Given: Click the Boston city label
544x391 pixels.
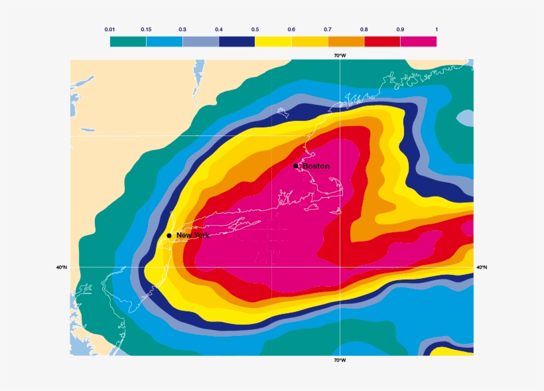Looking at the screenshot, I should click(x=316, y=166).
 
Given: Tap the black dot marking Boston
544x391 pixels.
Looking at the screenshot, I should click(x=296, y=166).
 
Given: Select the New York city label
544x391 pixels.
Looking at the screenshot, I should click(x=192, y=236).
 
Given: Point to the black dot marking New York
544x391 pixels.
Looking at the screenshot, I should click(x=169, y=236).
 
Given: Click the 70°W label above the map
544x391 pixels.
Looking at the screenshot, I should click(x=340, y=55).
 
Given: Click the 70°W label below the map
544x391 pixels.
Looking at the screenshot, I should click(x=340, y=360).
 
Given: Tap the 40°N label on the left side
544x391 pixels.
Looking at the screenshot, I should click(x=62, y=268).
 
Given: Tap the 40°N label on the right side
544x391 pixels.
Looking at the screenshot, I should click(x=482, y=268).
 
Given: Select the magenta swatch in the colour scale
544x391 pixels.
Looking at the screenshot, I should click(x=418, y=41).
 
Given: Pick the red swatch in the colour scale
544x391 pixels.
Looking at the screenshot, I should click(x=382, y=41).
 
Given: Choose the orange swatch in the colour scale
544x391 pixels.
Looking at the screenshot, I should click(x=346, y=41).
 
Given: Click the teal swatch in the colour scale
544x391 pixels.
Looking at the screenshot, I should click(x=128, y=41).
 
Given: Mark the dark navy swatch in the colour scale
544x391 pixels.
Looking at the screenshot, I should click(x=237, y=41).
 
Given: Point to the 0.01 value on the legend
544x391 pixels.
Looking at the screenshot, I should click(x=110, y=29).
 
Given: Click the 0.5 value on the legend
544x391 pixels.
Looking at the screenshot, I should click(x=255, y=29).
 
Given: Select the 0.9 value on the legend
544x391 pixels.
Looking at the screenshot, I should click(x=400, y=29).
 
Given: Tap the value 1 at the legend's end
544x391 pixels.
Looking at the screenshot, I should click(x=436, y=29).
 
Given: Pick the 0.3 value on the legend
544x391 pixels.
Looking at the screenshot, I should click(x=182, y=29).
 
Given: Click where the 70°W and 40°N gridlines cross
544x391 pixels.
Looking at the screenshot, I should click(x=340, y=268).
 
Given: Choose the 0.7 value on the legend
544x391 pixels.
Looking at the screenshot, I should click(x=328, y=29).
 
